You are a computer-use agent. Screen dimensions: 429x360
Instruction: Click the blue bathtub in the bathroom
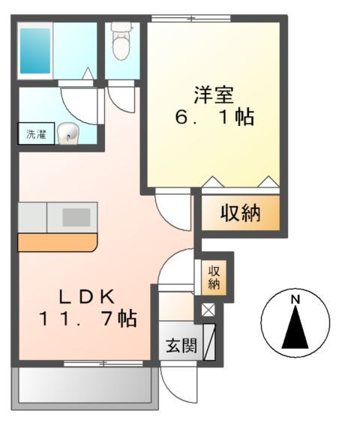tap(35, 49)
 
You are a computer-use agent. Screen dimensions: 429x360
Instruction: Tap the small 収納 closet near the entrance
tap(214, 276)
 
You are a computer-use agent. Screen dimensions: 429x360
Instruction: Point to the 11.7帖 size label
tap(87, 319)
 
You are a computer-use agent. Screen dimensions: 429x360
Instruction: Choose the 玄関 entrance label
tap(181, 346)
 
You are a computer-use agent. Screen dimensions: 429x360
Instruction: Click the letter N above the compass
tap(295, 300)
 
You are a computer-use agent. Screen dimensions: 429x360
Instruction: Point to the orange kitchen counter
tap(57, 241)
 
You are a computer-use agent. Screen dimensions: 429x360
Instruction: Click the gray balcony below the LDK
tap(85, 385)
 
